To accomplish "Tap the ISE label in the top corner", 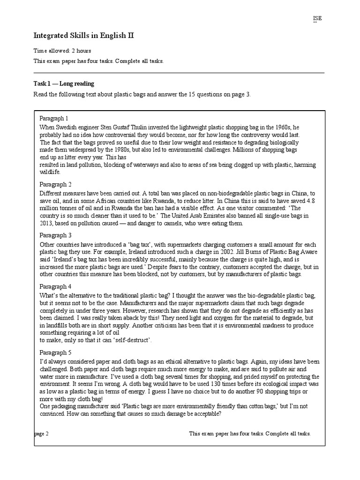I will pyautogui.click(x=317, y=18).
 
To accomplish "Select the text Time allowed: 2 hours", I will pyautogui.click(x=62, y=51).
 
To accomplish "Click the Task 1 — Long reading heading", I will pyautogui.click(x=64, y=83).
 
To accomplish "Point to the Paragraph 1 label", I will pyautogui.click(x=54, y=118).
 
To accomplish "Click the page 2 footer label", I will pyautogui.click(x=42, y=434).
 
